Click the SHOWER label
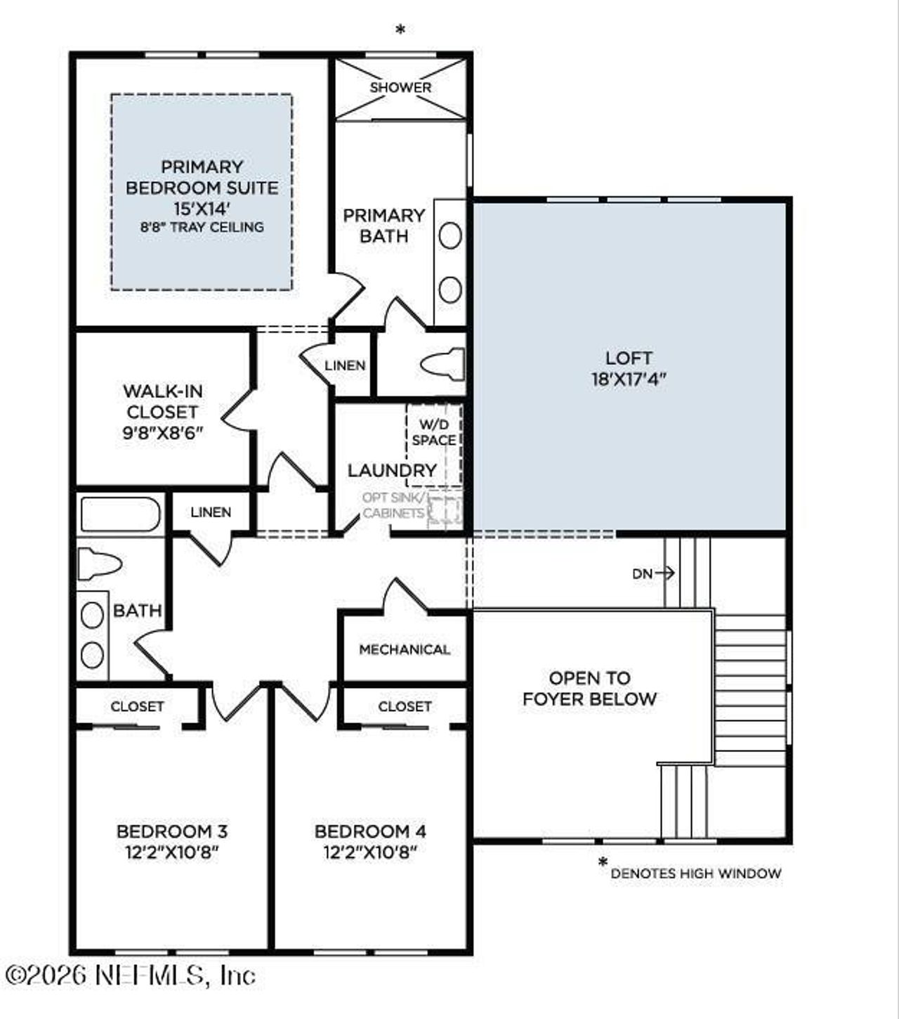click(x=400, y=88)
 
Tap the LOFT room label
click(x=629, y=358)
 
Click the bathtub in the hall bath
click(x=120, y=514)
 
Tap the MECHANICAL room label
click(x=405, y=649)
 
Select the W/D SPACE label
click(x=434, y=433)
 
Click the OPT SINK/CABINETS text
click(x=393, y=505)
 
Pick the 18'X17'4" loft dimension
click(x=629, y=379)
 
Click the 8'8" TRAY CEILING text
click(x=202, y=227)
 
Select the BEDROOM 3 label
click(x=172, y=831)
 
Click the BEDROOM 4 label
click(x=370, y=831)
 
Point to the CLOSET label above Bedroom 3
click(x=137, y=706)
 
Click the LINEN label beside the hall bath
click(x=211, y=512)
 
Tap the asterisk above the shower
click(x=400, y=30)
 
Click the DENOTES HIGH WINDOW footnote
click(x=695, y=874)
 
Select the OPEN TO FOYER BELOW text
click(x=590, y=689)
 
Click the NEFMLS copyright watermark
click(x=130, y=975)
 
